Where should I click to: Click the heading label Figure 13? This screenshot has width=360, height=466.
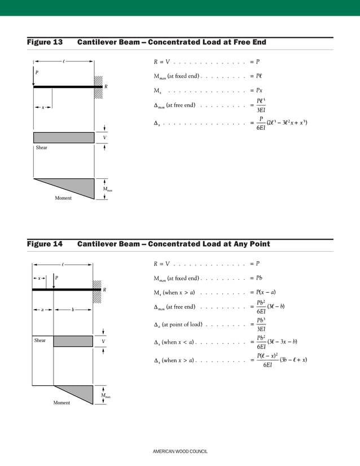click(x=45, y=42)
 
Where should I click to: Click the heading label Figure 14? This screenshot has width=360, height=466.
click(x=45, y=244)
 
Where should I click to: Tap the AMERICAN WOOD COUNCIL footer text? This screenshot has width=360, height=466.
click(x=180, y=452)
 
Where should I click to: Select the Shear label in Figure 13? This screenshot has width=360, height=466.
click(x=41, y=148)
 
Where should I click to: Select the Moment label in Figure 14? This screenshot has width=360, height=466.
click(x=62, y=403)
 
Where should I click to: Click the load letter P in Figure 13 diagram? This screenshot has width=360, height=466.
click(x=37, y=73)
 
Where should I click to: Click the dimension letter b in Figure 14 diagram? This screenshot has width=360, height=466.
click(x=73, y=310)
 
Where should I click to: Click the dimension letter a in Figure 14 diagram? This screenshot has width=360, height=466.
click(x=43, y=310)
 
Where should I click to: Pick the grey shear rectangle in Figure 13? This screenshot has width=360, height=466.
click(x=63, y=138)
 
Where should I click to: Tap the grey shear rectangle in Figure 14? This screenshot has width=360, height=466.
click(x=73, y=341)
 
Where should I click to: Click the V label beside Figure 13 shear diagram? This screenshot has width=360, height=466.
click(x=104, y=138)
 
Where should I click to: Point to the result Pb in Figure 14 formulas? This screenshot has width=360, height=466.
click(x=259, y=278)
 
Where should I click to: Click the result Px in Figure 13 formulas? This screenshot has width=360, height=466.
click(x=259, y=90)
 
